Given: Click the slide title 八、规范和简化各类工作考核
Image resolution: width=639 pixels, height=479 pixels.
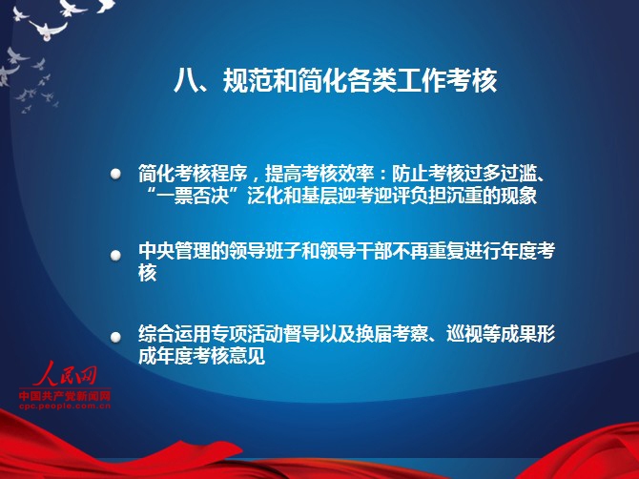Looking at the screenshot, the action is click(335, 80).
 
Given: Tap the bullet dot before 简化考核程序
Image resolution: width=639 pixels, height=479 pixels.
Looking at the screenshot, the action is click(115, 174).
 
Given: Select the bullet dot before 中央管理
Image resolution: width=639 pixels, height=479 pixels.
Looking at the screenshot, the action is click(115, 255).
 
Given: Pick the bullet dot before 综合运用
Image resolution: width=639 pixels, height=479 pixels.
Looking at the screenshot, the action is click(115, 337).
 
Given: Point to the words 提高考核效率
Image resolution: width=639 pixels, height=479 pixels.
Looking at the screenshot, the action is click(319, 174).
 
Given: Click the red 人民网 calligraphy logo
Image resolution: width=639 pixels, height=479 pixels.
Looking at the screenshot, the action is click(65, 373).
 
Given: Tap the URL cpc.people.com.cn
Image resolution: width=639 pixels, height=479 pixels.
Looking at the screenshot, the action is click(65, 406).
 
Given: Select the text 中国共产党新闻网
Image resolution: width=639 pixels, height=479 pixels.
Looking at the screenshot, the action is click(65, 395).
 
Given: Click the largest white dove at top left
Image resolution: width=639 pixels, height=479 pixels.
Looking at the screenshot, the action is click(48, 31).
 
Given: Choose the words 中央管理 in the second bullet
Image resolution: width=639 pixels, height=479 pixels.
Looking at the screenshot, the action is click(175, 251).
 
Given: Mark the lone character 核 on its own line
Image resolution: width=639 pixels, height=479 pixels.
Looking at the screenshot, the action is click(148, 273).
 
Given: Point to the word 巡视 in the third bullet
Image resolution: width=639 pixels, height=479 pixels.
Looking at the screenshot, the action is click(464, 334).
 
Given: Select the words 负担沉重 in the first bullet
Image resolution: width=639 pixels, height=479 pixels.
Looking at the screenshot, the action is click(464, 196).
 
